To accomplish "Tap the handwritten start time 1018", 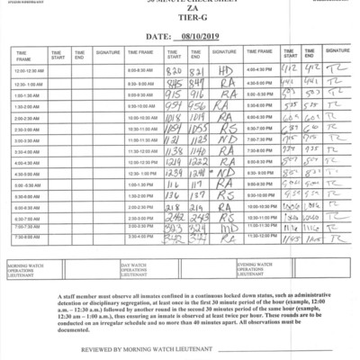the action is coord(175,117).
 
